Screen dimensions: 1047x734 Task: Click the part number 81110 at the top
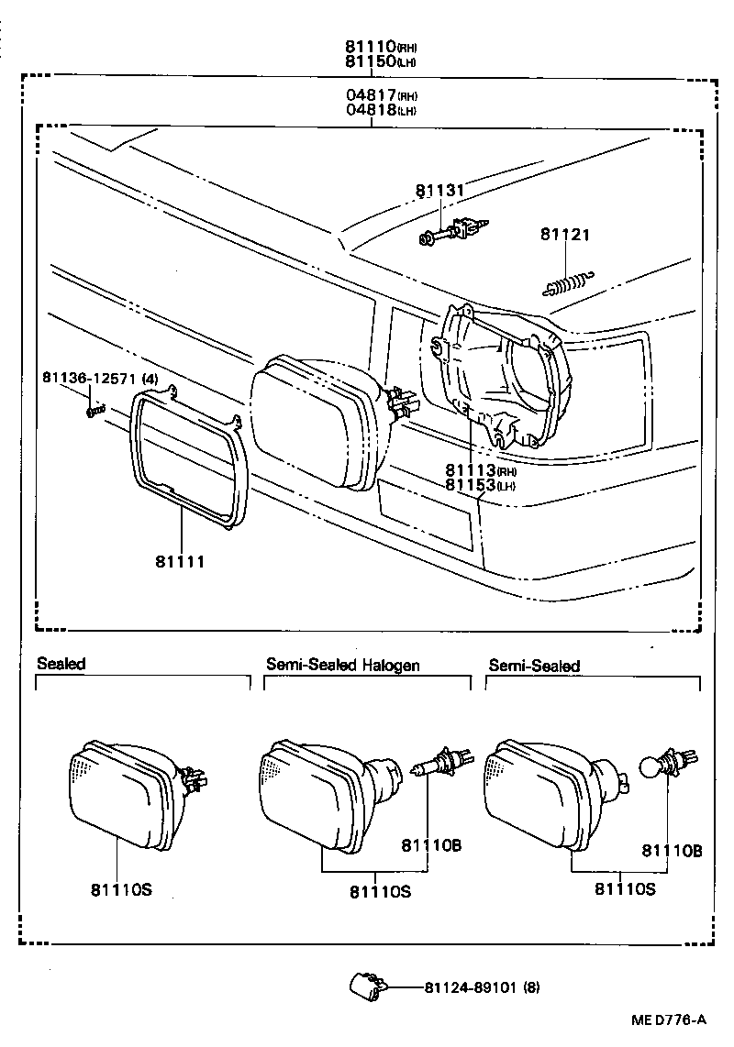click(x=370, y=46)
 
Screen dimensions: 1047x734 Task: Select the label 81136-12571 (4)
click(x=100, y=378)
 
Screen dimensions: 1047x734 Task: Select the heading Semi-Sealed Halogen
click(x=342, y=665)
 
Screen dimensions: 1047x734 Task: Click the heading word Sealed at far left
click(x=61, y=664)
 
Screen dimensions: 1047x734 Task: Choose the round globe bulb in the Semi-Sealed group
click(x=654, y=766)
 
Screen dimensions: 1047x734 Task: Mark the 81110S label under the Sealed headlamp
click(x=120, y=888)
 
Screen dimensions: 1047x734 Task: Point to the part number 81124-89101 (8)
click(x=482, y=987)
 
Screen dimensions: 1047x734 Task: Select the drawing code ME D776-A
click(x=668, y=1020)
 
